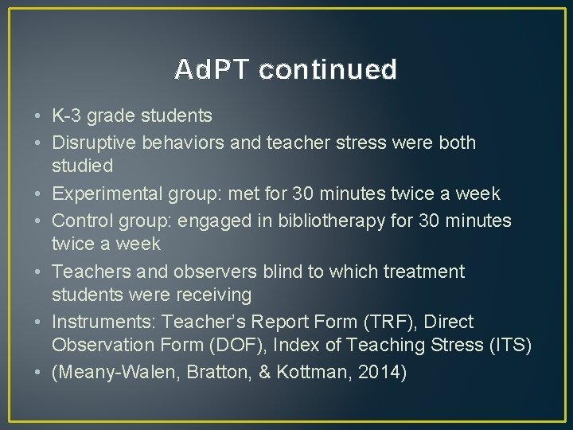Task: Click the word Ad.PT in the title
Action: coord(212,70)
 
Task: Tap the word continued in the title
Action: coord(327,70)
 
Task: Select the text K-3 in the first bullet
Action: coord(67,116)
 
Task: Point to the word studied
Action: coord(83,167)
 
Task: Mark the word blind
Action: coord(278,272)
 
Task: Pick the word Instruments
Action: coord(104,322)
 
